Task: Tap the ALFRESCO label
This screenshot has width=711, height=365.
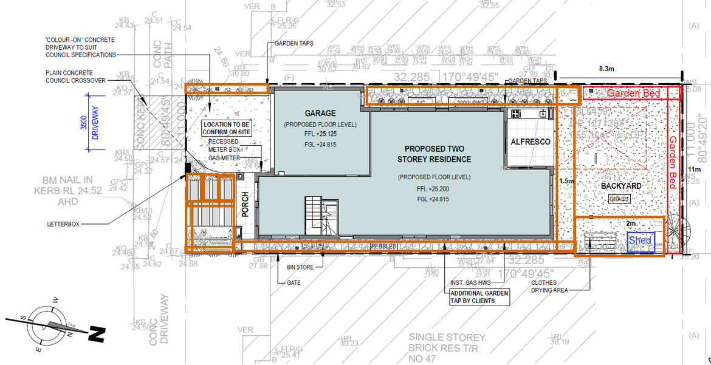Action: pos(530,142)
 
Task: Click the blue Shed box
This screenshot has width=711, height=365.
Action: pos(640,241)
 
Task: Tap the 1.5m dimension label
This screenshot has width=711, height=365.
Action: pos(566,181)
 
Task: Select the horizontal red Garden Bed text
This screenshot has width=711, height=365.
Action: pos(633,94)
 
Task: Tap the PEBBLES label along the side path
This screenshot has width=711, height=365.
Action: pos(383,246)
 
